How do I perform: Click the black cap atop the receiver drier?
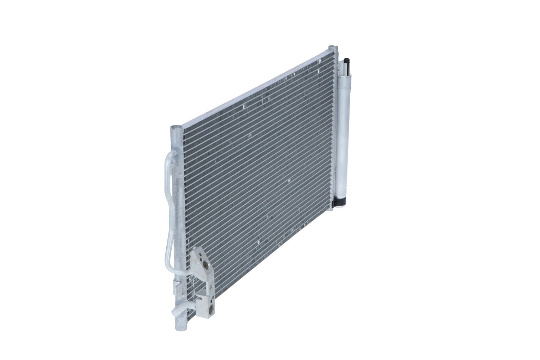click(x=347, y=59)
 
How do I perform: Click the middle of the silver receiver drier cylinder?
click(x=344, y=130)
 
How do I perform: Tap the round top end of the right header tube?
click(x=333, y=47)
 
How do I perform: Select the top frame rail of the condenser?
click(x=252, y=86)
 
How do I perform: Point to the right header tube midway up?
click(x=333, y=126)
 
